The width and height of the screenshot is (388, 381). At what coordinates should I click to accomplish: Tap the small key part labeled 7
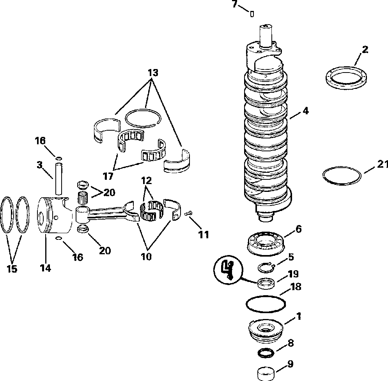pyautogui.click(x=252, y=14)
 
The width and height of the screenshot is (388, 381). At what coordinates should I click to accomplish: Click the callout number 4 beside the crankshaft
pyautogui.click(x=305, y=111)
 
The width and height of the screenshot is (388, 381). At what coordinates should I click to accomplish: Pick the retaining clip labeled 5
pyautogui.click(x=267, y=268)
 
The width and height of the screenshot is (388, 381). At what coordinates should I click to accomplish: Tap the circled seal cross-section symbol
pyautogui.click(x=227, y=269)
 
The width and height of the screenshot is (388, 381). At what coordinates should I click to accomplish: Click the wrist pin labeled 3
pyautogui.click(x=59, y=179)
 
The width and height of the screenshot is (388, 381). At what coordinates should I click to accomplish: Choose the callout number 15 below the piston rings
pyautogui.click(x=12, y=269)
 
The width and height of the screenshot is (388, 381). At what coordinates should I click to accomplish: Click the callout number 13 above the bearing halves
pyautogui.click(x=153, y=72)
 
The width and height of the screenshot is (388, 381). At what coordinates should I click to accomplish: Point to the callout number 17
pyautogui.click(x=108, y=176)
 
